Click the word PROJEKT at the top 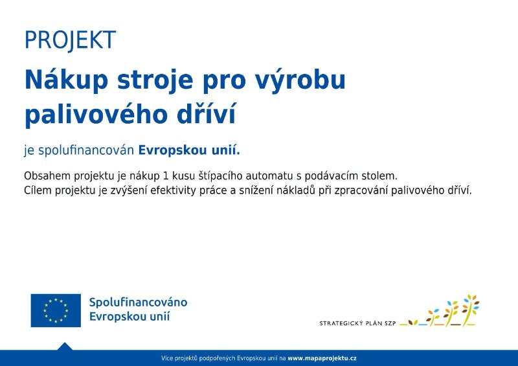tap(71, 40)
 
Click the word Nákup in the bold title tap(67, 80)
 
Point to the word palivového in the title tap(96, 115)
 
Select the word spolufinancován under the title tap(86, 151)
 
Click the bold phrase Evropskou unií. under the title tap(189, 150)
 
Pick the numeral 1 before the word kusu tap(166, 176)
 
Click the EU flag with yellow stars tap(56, 310)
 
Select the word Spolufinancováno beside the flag tap(139, 303)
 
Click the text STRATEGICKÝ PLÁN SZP tap(357, 323)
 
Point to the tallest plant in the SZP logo tap(471, 309)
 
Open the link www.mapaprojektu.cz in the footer tap(322, 358)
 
